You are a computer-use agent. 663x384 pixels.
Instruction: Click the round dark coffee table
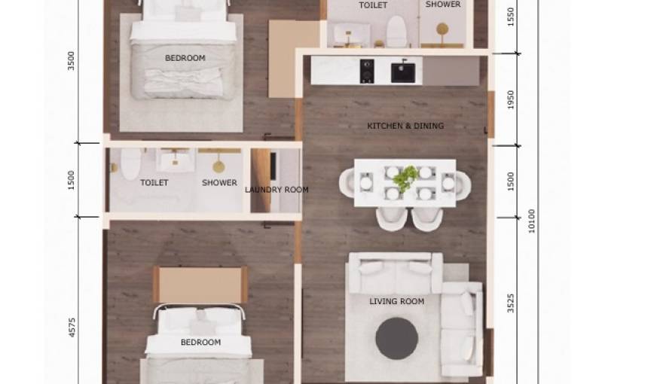(x=396, y=339)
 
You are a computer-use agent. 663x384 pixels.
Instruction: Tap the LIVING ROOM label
(x=396, y=301)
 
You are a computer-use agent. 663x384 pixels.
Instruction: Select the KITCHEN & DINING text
(x=405, y=126)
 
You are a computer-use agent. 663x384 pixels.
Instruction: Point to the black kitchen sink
(x=403, y=72)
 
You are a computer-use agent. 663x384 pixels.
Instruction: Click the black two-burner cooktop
(x=367, y=71)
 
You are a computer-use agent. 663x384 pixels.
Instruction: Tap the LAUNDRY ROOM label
(x=277, y=190)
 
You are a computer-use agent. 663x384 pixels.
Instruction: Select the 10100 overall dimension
(x=531, y=221)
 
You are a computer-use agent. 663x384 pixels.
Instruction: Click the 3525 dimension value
(x=510, y=303)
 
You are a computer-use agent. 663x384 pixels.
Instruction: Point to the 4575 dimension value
(x=72, y=328)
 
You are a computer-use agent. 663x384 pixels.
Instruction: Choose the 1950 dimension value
(x=510, y=99)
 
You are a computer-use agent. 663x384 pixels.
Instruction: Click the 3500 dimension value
(x=71, y=61)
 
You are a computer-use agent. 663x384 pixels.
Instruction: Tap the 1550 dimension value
(x=510, y=17)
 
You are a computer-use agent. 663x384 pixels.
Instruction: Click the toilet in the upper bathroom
(x=396, y=31)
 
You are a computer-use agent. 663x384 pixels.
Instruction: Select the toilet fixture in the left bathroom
(x=130, y=163)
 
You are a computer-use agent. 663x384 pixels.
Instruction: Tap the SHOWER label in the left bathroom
(x=219, y=182)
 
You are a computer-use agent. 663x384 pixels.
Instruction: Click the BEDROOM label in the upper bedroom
(x=185, y=58)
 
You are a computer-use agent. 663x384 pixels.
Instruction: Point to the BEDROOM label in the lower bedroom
(x=201, y=342)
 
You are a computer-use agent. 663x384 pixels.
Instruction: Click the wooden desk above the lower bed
(x=200, y=285)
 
